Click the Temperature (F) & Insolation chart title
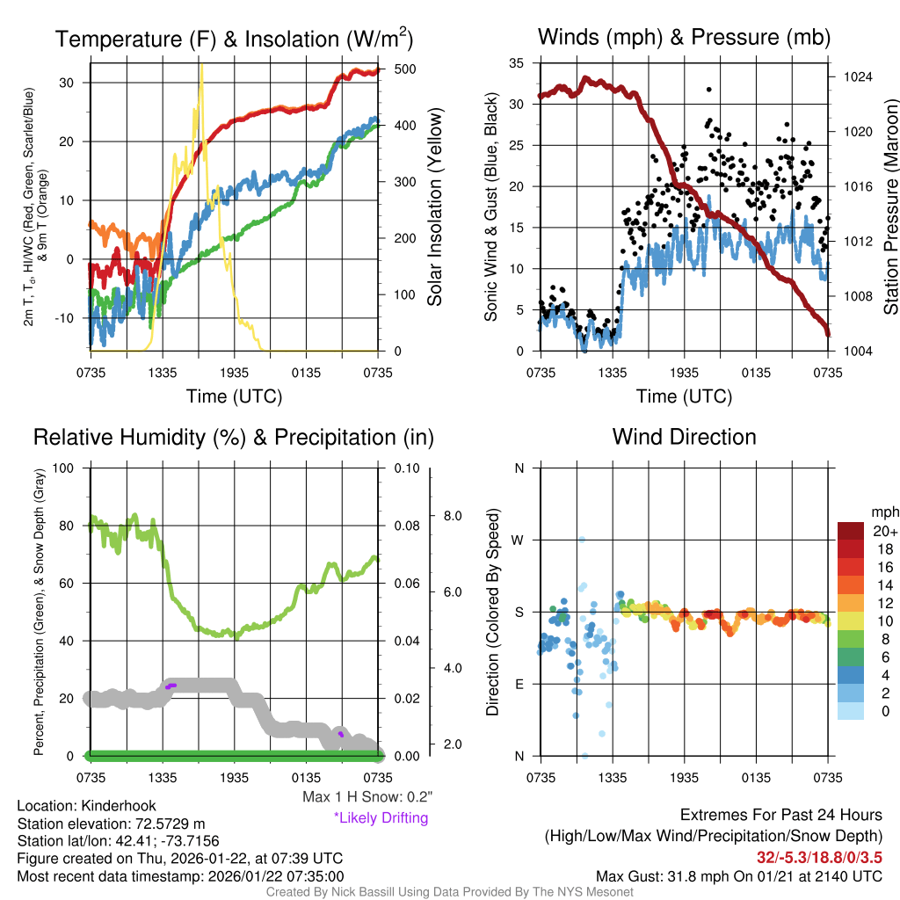click(234, 39)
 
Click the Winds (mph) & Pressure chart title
click(684, 37)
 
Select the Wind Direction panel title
click(684, 437)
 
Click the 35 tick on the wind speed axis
click(517, 63)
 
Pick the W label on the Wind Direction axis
click(519, 540)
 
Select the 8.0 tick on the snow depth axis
click(453, 515)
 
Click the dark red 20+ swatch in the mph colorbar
click(853, 530)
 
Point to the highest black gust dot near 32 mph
click(708, 90)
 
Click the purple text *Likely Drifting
click(381, 818)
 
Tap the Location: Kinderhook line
click(74, 806)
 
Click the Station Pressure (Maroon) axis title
click(890, 207)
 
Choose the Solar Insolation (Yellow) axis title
click(434, 207)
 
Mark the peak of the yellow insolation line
click(201, 64)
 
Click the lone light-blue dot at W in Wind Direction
click(581, 540)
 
